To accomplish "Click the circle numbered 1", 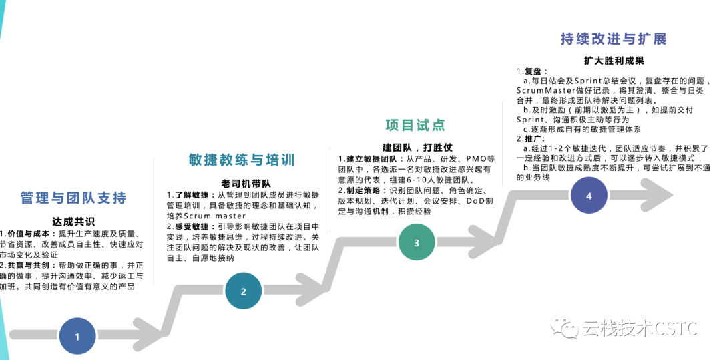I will [77, 337].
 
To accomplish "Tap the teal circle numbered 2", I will [243, 291].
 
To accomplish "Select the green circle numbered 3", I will [417, 242].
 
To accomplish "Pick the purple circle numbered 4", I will [588, 196].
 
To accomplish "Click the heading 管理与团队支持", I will [73, 198].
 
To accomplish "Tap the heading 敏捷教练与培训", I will [242, 160].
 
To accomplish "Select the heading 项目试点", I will [415, 125].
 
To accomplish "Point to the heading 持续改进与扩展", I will [614, 39].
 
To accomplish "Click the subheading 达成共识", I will [73, 221].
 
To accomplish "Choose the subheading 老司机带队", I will [246, 182].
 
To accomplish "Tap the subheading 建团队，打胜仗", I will [417, 147].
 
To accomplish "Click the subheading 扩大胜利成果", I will [614, 61].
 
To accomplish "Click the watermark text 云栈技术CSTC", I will [640, 329].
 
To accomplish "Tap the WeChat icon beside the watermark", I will [569, 328].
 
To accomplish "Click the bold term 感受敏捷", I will [194, 227].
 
